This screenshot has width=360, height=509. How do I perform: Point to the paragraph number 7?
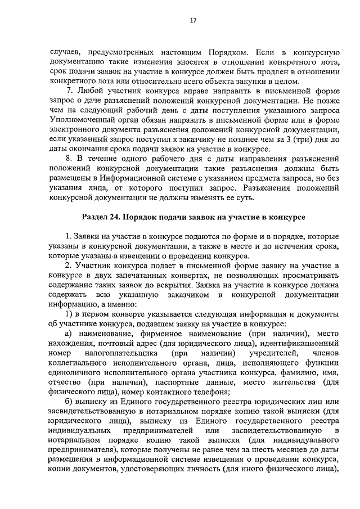[x=69, y=91]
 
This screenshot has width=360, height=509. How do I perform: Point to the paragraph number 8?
[x=69, y=161]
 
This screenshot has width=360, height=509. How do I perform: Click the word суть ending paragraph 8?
[x=244, y=201]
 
